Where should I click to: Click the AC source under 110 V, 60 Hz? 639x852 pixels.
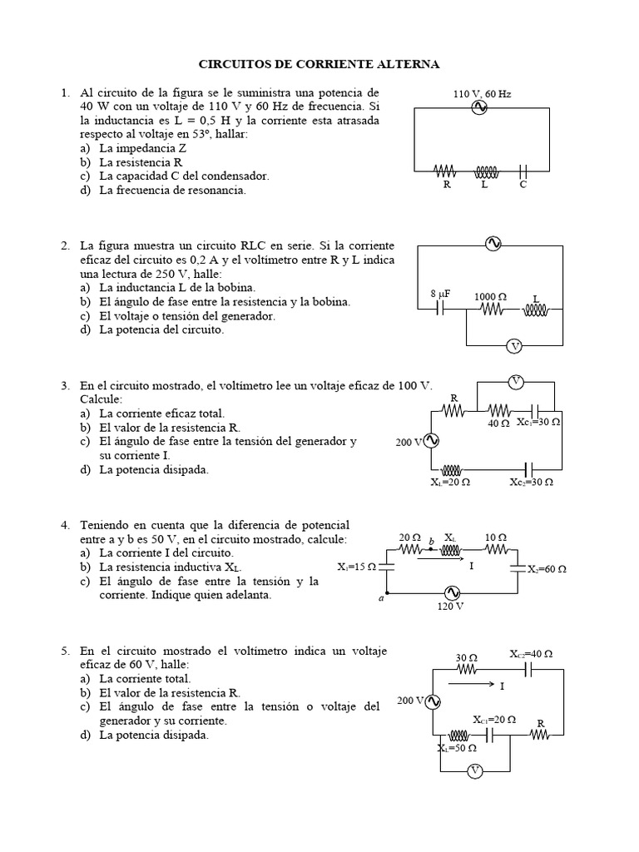click(x=479, y=108)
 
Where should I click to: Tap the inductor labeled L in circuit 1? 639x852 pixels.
click(x=485, y=171)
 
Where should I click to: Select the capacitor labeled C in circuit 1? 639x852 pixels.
click(x=523, y=171)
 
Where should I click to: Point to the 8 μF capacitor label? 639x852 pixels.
click(x=439, y=295)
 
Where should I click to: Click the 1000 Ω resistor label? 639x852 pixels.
click(x=490, y=296)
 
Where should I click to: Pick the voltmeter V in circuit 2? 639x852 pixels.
click(x=514, y=345)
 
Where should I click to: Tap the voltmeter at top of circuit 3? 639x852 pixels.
click(x=516, y=382)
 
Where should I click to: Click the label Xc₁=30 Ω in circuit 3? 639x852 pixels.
click(x=538, y=423)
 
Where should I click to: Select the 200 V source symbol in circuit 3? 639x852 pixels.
click(x=432, y=442)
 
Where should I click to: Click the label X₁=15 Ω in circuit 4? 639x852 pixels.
click(x=357, y=567)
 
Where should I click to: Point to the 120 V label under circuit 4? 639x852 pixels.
click(x=450, y=607)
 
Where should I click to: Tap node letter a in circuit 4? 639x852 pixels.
click(x=381, y=597)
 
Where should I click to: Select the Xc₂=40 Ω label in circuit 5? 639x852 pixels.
click(x=531, y=655)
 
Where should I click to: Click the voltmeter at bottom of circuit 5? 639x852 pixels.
click(x=474, y=770)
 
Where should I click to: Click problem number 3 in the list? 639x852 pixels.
click(x=65, y=386)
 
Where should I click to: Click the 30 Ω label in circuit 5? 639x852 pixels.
click(x=465, y=656)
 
